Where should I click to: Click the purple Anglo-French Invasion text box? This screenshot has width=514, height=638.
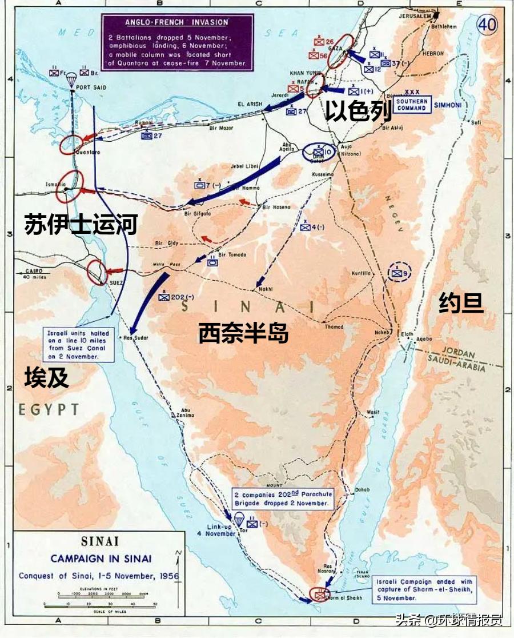click(177, 42)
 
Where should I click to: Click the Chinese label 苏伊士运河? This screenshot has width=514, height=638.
click(81, 225)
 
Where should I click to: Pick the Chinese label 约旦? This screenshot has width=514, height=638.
click(461, 303)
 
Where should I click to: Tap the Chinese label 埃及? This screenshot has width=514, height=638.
click(46, 378)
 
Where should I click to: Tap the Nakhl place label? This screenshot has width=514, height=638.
click(266, 289)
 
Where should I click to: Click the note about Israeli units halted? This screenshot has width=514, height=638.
click(79, 344)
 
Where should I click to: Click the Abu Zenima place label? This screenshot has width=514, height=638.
click(184, 412)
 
